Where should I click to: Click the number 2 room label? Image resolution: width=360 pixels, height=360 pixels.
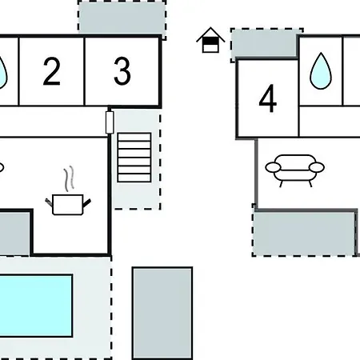coord(51,71)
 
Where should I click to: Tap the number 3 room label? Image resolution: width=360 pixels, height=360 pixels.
coord(122,71)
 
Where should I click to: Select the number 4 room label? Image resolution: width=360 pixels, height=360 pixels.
coord(268,98)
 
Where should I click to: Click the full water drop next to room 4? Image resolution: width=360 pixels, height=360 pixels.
coord(321,71)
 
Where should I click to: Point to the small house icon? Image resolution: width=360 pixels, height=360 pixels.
coord(210,40)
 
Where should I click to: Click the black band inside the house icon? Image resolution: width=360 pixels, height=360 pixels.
coord(210,41)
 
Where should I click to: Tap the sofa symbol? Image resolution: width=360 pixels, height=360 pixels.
coord(294,170)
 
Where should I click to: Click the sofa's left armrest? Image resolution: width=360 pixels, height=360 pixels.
coord(273,167)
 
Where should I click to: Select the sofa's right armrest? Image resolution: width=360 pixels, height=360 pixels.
coord(317,167)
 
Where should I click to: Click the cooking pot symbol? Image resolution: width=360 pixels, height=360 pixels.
coord(68,204)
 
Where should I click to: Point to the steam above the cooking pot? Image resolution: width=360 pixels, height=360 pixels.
coord(69,178)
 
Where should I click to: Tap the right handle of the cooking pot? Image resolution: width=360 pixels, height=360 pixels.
coord(87,202)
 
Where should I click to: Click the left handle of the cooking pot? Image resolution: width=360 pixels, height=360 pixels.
coord(49,202)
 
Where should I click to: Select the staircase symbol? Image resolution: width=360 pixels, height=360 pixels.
coord(134,158)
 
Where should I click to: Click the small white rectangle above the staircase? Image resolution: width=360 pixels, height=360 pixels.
coord(110,122)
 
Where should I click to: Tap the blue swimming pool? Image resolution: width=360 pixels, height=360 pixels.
coord(35,306)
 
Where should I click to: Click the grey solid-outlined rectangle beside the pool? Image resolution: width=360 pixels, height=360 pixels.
coord(162,314)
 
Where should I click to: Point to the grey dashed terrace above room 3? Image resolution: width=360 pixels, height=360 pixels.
coord(122,18)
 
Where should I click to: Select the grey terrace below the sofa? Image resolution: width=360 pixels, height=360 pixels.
coord(306,233)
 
